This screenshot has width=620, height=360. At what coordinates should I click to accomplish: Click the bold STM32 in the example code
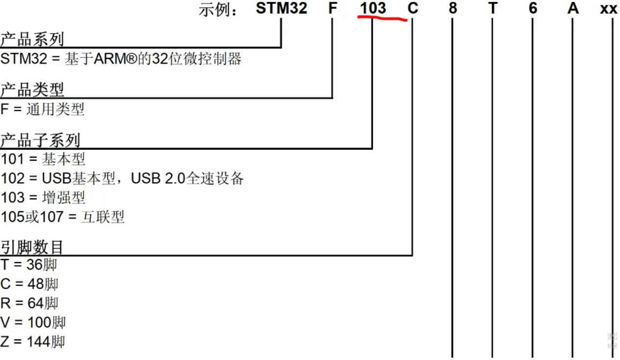point(281,8)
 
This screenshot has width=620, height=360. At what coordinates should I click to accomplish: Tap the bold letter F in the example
point(333,8)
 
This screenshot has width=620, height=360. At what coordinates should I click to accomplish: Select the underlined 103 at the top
point(373,8)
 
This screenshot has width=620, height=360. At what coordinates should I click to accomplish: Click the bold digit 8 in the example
point(453,8)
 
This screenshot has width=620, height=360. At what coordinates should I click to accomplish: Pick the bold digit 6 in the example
point(533,8)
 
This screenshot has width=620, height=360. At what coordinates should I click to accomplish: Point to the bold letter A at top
point(573,8)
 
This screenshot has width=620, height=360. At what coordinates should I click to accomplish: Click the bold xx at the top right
point(609,9)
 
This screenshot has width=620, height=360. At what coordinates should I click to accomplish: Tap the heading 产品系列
point(32,40)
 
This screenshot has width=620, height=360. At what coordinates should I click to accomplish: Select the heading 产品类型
point(32,90)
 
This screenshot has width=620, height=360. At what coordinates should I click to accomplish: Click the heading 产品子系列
point(40,141)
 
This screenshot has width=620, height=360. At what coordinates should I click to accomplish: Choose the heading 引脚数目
point(32,247)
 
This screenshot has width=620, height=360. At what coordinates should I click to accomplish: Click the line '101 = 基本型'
point(43,159)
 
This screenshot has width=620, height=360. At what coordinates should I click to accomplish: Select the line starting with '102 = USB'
point(122,178)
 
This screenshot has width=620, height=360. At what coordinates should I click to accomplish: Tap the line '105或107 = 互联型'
point(63,216)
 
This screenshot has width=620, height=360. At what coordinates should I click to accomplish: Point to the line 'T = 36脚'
point(29,265)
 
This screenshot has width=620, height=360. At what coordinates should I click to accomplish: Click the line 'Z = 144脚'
point(32,341)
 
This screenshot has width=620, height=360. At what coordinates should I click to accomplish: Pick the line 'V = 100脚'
point(33,322)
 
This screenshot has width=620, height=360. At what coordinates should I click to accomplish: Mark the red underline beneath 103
point(382,19)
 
